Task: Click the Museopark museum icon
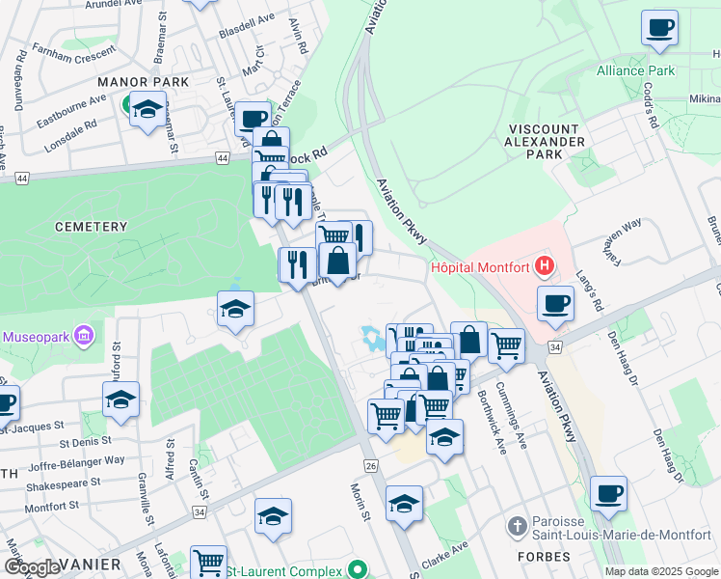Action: click(84, 336)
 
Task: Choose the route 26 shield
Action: click(371, 466)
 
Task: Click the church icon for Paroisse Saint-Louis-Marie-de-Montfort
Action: click(518, 526)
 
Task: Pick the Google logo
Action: click(33, 566)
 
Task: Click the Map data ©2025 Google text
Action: click(661, 571)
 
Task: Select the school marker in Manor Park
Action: click(147, 111)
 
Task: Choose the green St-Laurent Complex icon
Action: click(359, 570)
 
